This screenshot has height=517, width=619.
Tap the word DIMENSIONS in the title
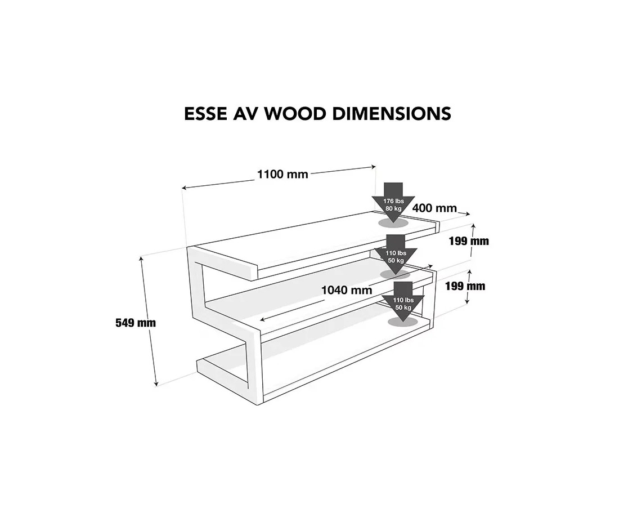(392, 114)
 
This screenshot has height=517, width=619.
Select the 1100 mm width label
(282, 174)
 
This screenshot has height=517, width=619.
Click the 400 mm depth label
(434, 208)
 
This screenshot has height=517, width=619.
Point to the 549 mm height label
(136, 323)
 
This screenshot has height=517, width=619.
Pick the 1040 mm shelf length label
(347, 290)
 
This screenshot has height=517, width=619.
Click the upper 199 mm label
(469, 241)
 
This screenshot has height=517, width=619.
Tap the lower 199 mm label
(465, 286)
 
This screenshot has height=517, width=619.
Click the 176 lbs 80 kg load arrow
(393, 202)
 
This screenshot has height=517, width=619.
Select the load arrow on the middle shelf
(396, 255)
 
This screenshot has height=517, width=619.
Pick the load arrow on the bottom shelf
(403, 301)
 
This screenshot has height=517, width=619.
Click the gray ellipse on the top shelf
(393, 223)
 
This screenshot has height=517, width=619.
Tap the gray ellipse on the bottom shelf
(403, 322)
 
